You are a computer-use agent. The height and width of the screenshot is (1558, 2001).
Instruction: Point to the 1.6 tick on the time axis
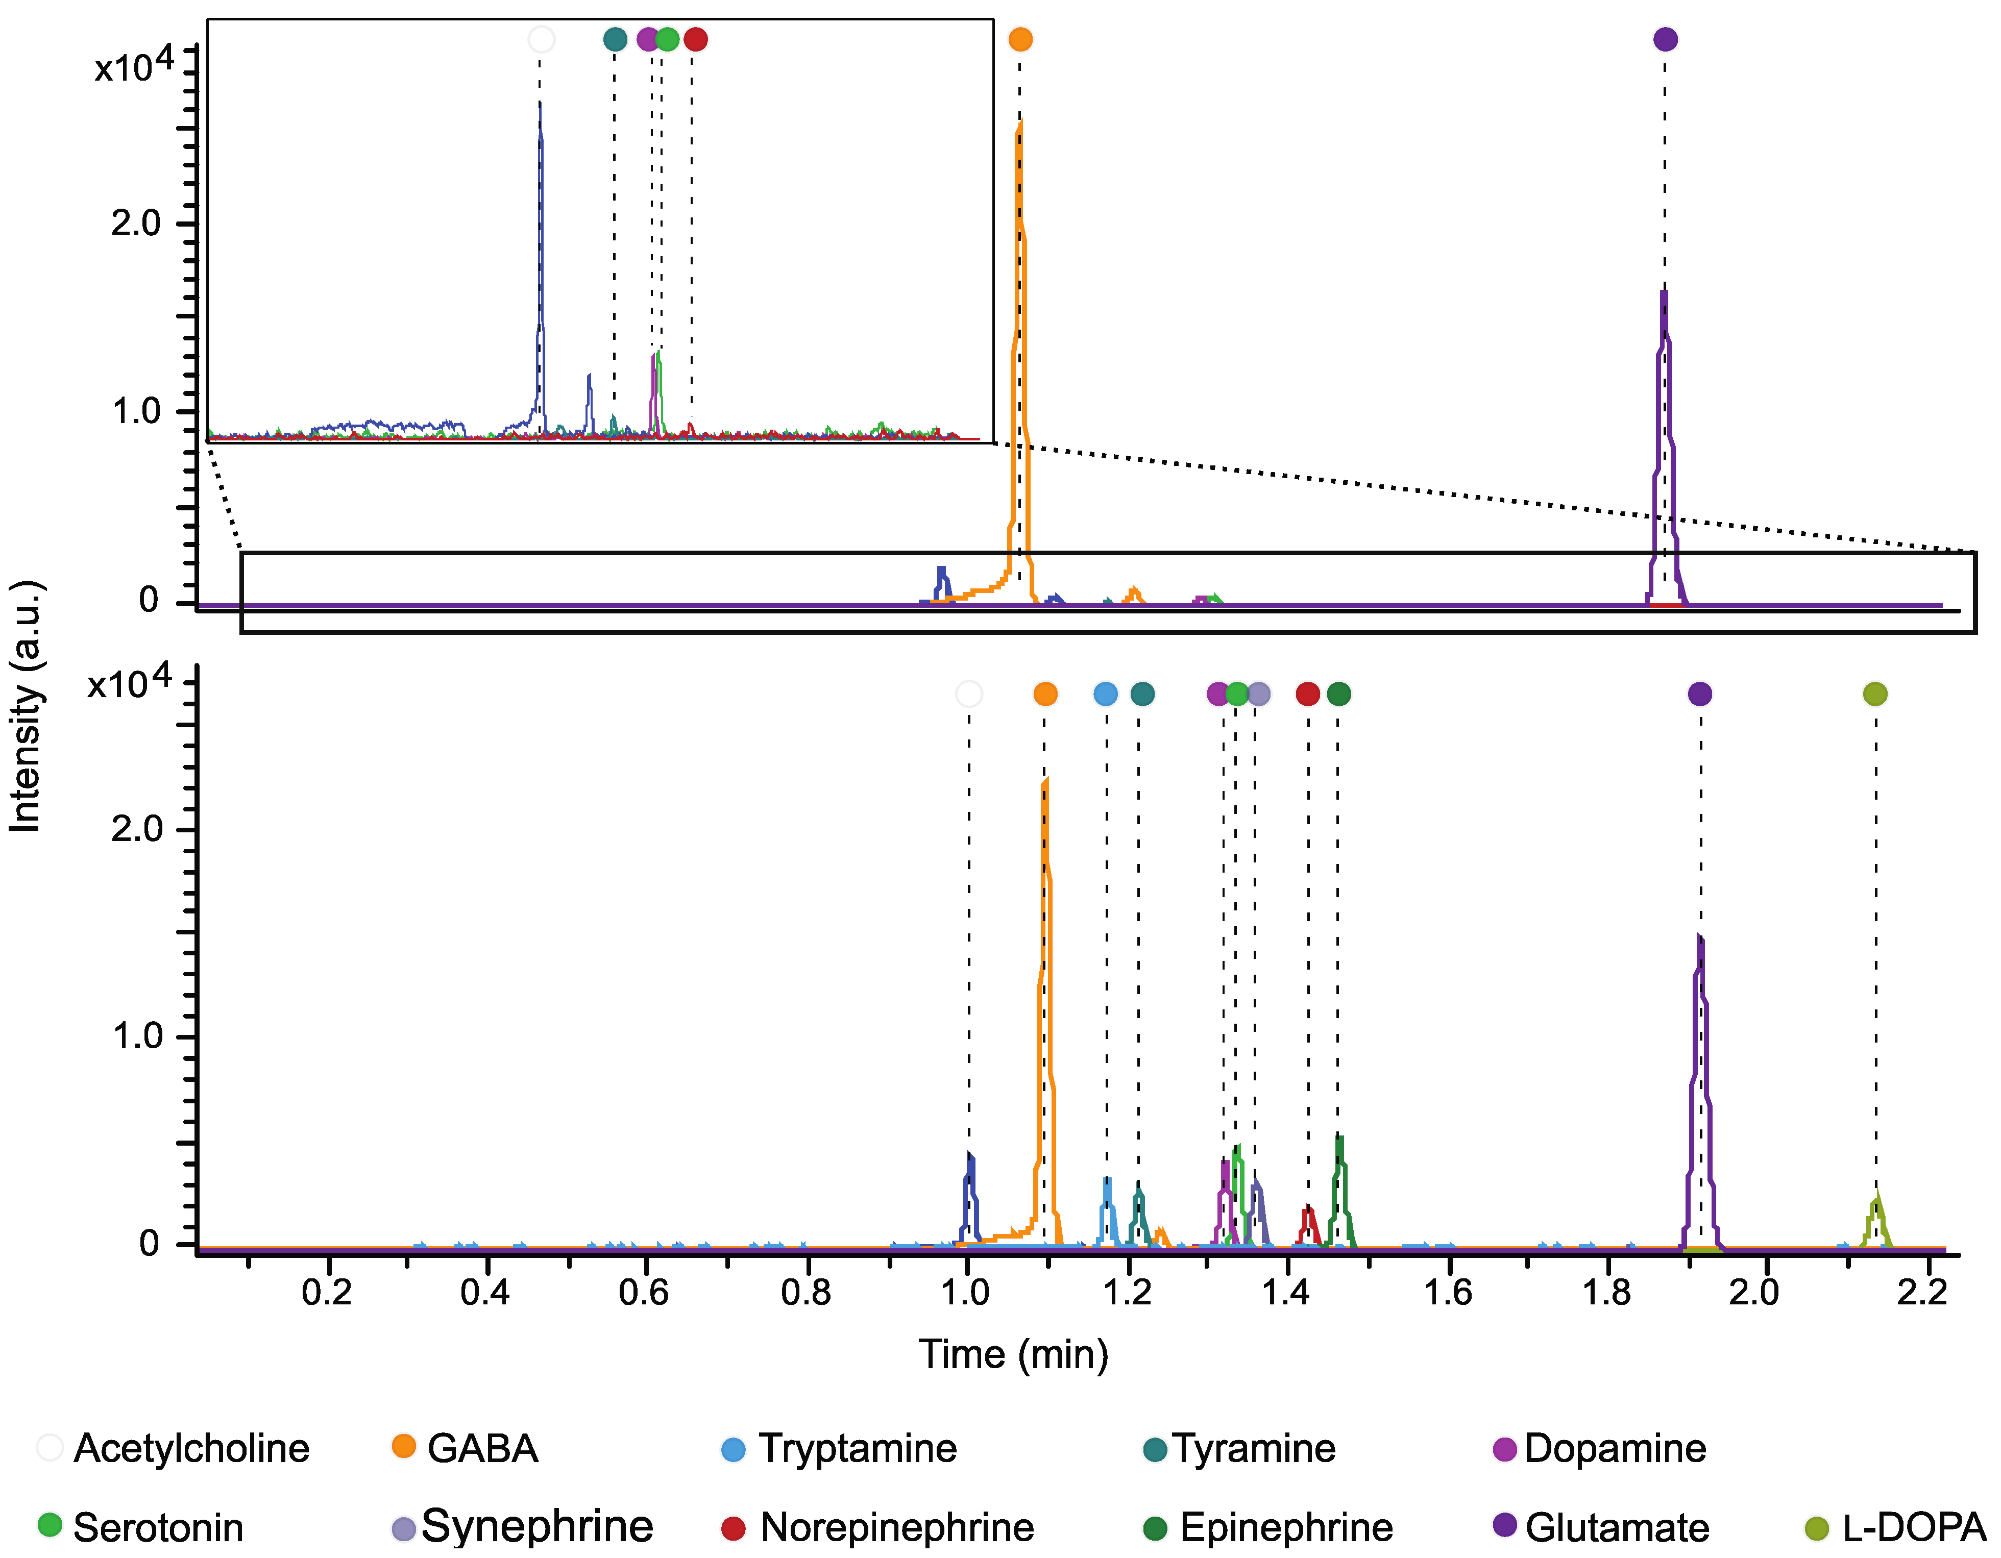[1448, 1293]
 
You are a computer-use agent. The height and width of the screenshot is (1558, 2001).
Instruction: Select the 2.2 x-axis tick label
[1921, 1293]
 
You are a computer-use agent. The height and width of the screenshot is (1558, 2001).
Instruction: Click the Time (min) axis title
[1013, 1354]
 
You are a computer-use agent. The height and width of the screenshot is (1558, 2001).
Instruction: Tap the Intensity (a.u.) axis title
[26, 705]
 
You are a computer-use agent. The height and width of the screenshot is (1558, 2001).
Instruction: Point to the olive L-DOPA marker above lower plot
[1874, 694]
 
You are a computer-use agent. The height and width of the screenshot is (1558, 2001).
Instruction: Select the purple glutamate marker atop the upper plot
[1665, 39]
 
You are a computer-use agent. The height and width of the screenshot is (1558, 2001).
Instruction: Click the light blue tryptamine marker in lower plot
[1106, 694]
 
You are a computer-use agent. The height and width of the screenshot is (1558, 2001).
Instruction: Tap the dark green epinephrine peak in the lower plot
[1339, 1139]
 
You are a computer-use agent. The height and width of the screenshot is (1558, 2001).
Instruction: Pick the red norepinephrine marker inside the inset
[695, 39]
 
